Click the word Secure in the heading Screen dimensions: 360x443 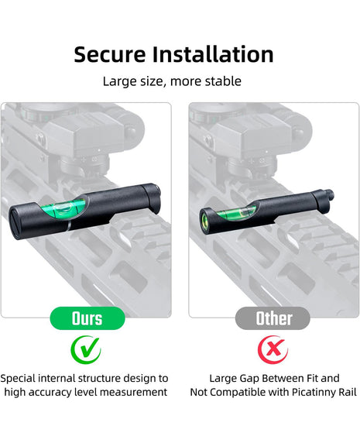pyautogui.click(x=110, y=54)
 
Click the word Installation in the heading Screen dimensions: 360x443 pyautogui.click(x=213, y=54)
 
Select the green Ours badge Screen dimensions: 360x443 pyautogui.click(x=87, y=318)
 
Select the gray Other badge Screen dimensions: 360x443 pyautogui.click(x=273, y=318)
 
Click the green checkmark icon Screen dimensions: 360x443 pyautogui.click(x=86, y=349)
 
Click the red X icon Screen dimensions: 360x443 pyautogui.click(x=273, y=349)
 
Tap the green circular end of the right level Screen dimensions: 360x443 pyautogui.click(x=204, y=221)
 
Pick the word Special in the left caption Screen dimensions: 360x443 pyautogui.click(x=18, y=379)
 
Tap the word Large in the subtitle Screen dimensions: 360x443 pyautogui.click(x=116, y=81)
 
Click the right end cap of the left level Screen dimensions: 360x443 pyautogui.click(x=151, y=197)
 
